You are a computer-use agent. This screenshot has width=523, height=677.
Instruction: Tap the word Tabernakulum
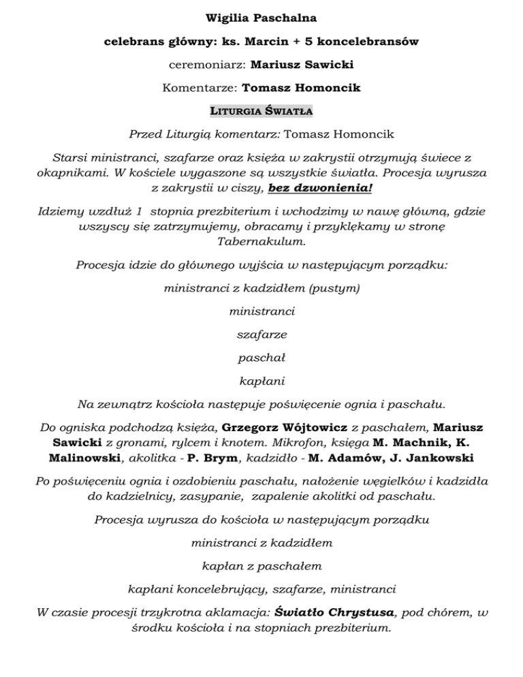click(261, 242)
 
